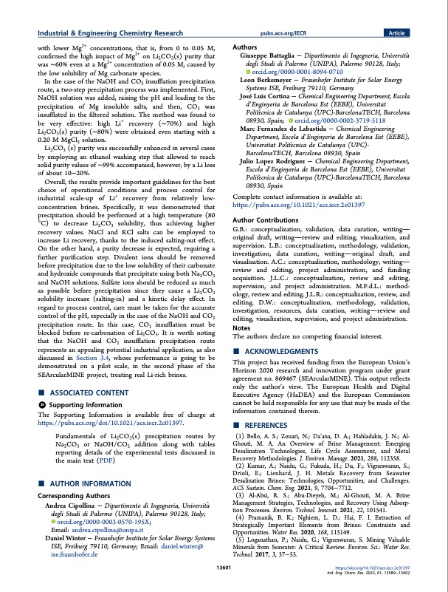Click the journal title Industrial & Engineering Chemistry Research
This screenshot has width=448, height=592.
(x=110, y=33)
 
